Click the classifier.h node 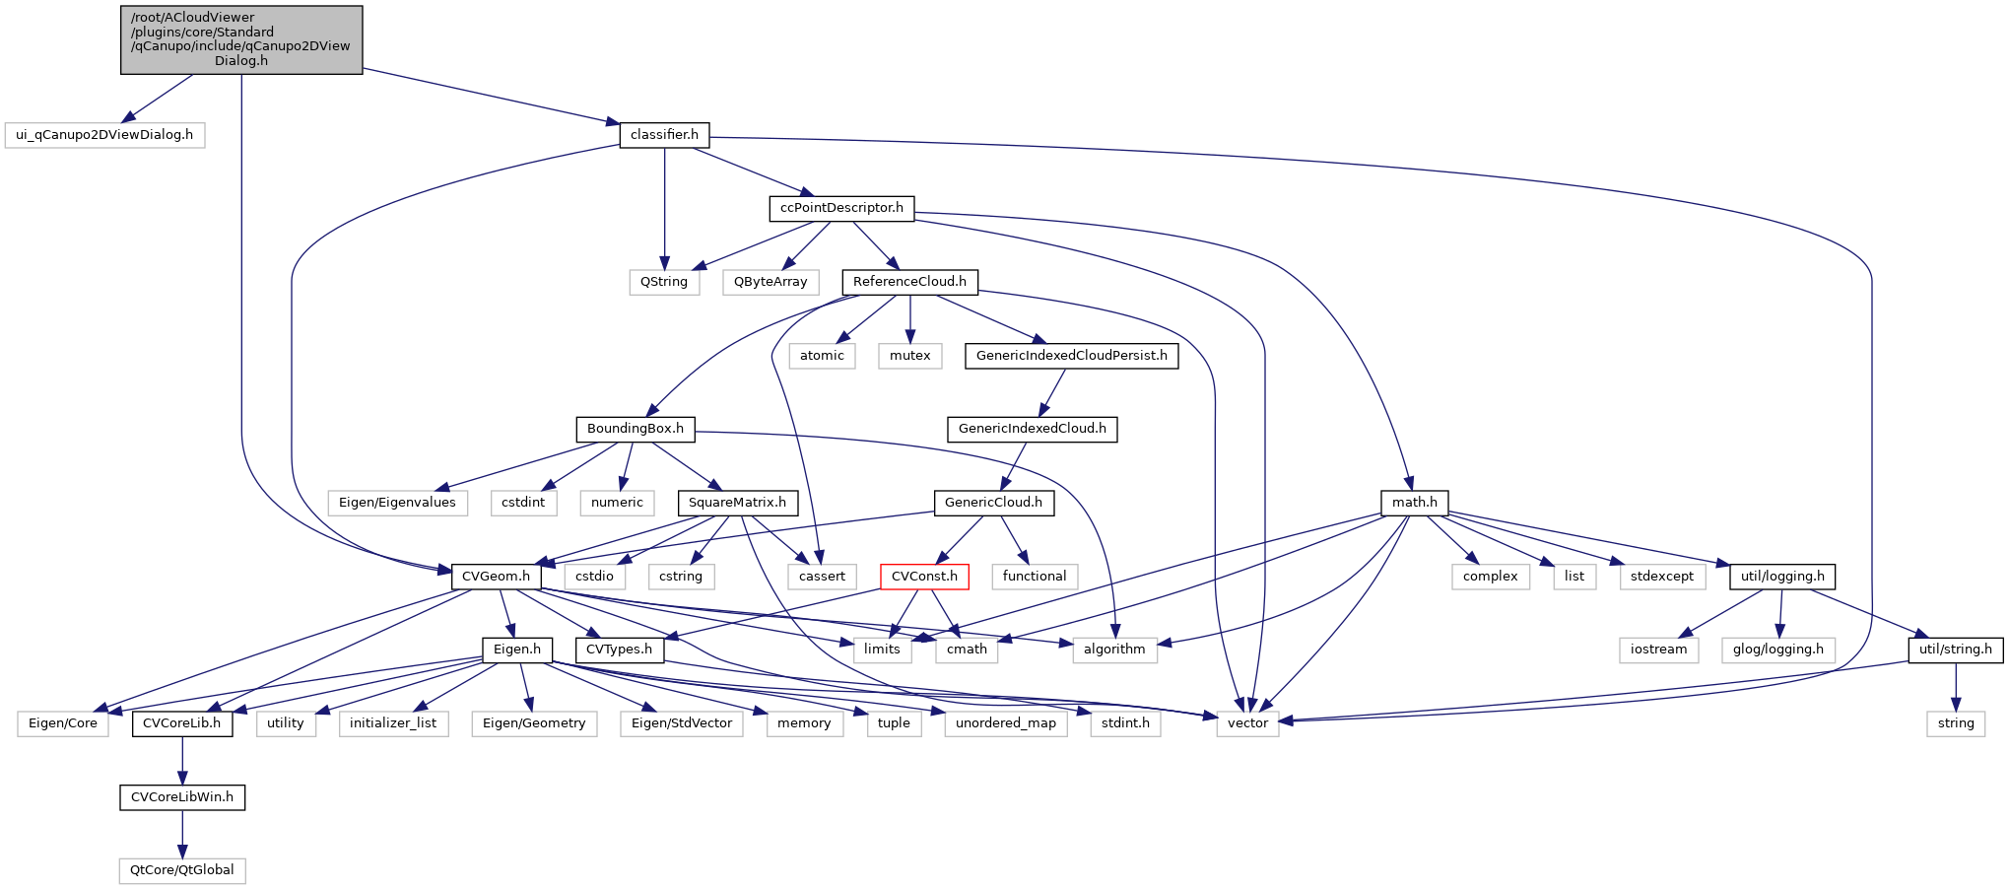tap(664, 135)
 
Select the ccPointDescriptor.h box tap(841, 208)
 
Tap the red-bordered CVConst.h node tap(924, 577)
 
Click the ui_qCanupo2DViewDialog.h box tap(104, 135)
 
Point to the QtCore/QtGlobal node tap(182, 870)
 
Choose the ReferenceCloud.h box tap(909, 282)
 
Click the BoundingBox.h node tap(636, 429)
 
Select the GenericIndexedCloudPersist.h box tap(1071, 356)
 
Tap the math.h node tap(1414, 503)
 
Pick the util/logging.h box tap(1782, 577)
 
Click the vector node tap(1247, 723)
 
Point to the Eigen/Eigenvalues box tap(397, 503)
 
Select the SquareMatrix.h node tap(737, 503)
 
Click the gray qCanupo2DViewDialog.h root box tap(241, 39)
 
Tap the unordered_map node tap(1005, 723)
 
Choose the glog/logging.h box tap(1777, 650)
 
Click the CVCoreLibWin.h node tap(182, 797)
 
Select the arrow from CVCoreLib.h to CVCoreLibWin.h tap(182, 760)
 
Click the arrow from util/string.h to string tap(1956, 687)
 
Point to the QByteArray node tap(770, 282)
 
